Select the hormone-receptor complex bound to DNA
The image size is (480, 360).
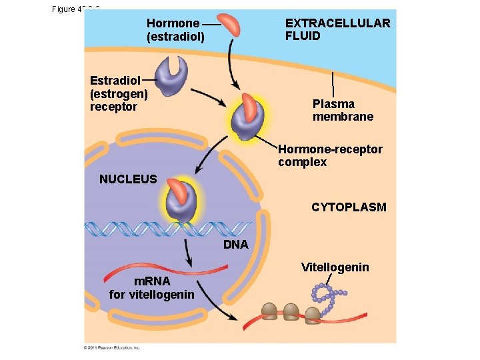180,201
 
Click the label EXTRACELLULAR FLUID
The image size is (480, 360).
337,29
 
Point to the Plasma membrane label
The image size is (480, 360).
343,110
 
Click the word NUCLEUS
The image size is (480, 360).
128,179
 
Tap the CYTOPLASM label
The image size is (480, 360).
349,207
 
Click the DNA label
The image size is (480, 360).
235,245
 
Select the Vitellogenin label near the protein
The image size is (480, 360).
335,267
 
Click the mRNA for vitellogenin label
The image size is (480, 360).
152,287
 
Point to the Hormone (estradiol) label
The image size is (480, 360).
175,29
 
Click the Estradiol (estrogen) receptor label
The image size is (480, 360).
119,93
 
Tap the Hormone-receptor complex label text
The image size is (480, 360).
330,155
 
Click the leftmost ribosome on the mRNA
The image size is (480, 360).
269,311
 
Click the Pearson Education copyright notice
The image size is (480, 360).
112,347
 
